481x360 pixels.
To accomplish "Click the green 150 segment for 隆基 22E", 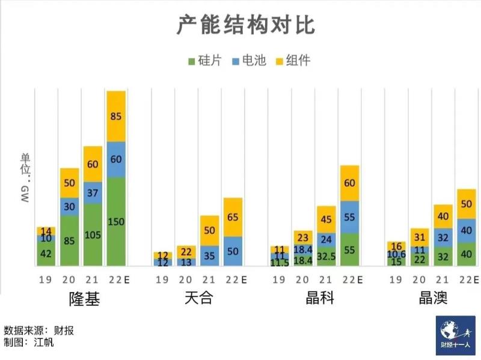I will (116, 221).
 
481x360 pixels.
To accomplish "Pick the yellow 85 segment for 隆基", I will (116, 116).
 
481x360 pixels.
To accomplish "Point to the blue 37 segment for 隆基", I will (93, 193).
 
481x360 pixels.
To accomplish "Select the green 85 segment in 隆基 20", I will (70, 240).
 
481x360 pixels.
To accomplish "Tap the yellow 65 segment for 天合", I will (233, 217).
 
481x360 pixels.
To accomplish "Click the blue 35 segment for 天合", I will (209, 255).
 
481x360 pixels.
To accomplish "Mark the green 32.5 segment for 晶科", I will (326, 256).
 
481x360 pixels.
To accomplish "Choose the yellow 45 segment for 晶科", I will (326, 219).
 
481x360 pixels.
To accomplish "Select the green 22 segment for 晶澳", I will (420, 260).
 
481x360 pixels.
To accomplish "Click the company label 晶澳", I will (432, 299).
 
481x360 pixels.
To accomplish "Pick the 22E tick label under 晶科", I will (351, 279).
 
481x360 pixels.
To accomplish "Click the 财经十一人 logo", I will (455, 336).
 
